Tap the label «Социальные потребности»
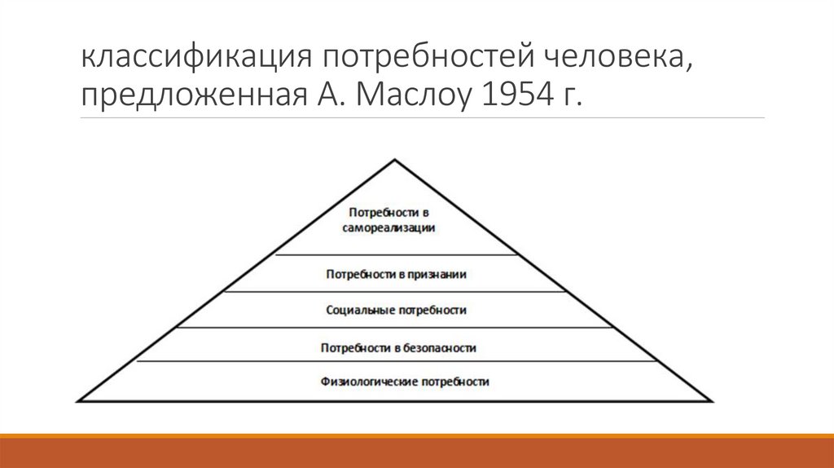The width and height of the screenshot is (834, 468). (396, 311)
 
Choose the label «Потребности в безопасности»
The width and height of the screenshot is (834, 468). (398, 348)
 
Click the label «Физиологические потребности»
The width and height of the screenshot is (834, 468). (393, 382)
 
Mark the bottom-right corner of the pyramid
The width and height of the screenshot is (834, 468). (713, 400)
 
